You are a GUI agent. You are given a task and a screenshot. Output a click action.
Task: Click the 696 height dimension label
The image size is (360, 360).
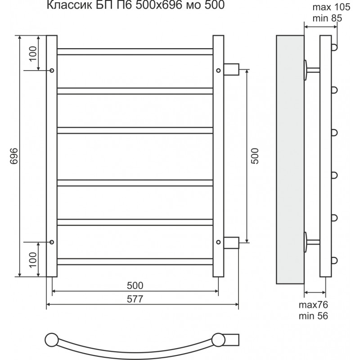pos(14,156)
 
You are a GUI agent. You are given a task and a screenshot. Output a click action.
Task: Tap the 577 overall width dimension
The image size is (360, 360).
pos(135,299)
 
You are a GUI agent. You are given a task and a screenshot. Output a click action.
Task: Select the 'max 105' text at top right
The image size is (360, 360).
pos(331,7)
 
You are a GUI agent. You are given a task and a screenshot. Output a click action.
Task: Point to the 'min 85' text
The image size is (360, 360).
pos(327,18)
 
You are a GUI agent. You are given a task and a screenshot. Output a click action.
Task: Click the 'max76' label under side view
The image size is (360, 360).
pos(313,305)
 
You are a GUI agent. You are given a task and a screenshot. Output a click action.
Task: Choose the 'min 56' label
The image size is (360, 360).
pos(313,316)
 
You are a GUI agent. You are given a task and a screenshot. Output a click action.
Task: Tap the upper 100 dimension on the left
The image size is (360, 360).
pos(33,54)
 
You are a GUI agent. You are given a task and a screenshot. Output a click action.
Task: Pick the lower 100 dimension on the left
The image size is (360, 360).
pos(33,260)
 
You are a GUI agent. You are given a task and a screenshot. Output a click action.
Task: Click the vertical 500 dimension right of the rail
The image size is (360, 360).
pos(255,156)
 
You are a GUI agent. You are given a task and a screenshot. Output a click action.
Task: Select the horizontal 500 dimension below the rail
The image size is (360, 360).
pos(135,286)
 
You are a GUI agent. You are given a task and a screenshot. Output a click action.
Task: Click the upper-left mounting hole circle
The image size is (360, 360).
pos(52,70)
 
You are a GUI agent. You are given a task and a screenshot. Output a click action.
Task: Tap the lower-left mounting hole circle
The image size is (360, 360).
pos(52,242)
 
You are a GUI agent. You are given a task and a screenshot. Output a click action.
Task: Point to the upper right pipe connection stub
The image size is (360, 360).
pos(231,69)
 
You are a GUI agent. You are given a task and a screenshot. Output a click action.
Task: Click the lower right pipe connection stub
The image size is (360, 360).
pos(231,243)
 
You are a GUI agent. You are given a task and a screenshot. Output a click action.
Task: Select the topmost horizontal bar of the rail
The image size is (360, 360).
pos(135,52)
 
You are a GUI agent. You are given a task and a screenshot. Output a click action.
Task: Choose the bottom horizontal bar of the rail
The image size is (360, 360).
pos(135,262)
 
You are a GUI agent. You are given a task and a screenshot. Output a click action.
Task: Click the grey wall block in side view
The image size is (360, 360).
pos(290,160)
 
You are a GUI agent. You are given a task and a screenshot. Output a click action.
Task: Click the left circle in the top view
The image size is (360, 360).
pos(52,340)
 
